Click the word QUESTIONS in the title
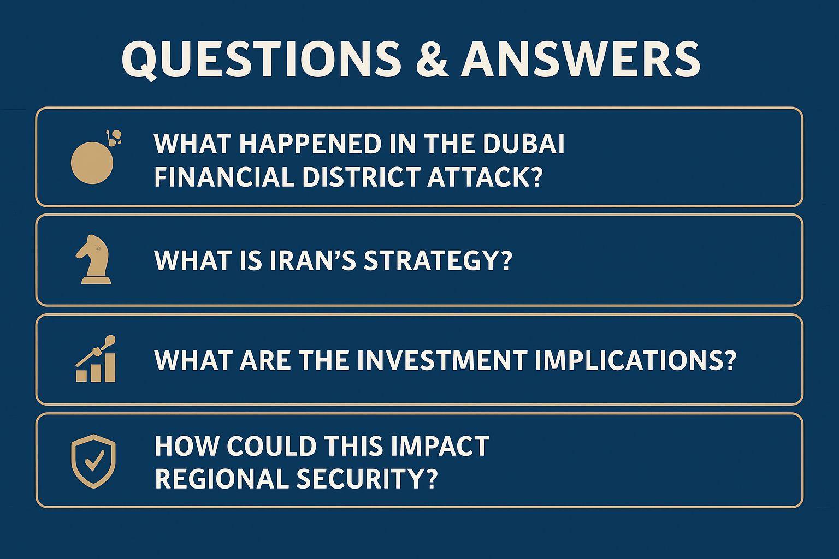(261, 60)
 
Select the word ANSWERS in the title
(580, 59)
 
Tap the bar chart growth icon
(96, 359)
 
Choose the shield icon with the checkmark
(93, 461)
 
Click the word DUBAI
(524, 143)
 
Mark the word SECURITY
(367, 479)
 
